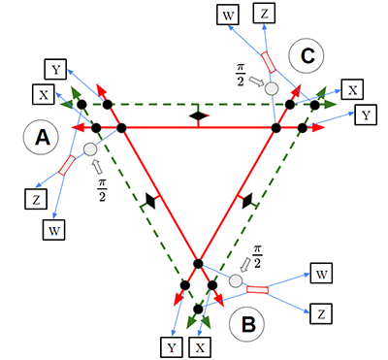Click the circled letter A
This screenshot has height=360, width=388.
[x=42, y=140]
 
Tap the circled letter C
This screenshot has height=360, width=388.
[x=307, y=56]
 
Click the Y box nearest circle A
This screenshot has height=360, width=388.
[x=55, y=69]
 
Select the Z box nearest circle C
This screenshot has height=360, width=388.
[x=263, y=14]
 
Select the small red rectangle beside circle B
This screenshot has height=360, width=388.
[x=259, y=288]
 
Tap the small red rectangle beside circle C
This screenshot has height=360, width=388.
[x=271, y=60]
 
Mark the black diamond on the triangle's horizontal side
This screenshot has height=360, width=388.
[x=198, y=115]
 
